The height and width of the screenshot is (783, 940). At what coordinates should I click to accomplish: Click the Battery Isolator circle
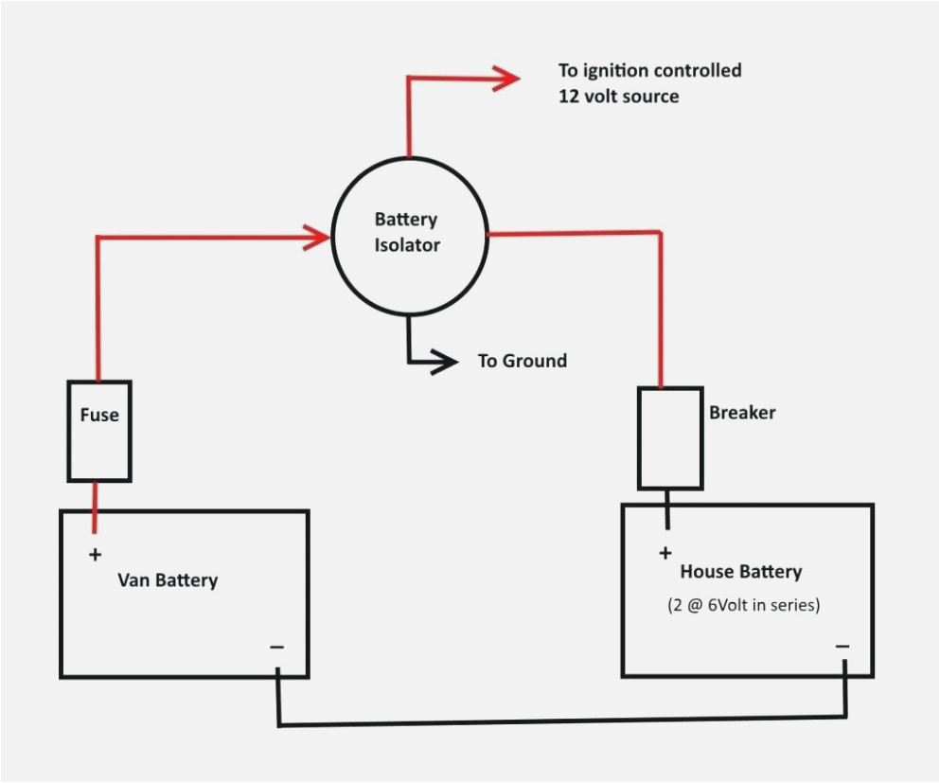408,235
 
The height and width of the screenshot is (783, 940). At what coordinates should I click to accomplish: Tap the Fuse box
98,431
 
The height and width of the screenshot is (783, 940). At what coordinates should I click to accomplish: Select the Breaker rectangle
669,437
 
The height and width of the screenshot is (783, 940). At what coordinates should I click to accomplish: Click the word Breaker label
742,413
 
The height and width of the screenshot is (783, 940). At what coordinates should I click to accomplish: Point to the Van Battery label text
168,579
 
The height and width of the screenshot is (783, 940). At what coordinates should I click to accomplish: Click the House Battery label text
740,572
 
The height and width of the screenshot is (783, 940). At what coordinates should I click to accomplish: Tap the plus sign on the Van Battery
95,555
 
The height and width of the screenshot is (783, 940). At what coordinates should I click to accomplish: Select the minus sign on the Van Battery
276,648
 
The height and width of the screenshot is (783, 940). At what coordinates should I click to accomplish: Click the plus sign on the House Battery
665,553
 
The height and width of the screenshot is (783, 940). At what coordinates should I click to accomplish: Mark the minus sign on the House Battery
842,647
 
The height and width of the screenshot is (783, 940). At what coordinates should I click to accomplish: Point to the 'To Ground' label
522,361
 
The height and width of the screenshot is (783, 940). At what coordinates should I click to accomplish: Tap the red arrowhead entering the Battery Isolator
316,238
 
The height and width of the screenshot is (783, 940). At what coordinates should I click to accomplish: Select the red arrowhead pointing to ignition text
505,79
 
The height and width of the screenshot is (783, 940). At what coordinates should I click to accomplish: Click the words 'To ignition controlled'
649,70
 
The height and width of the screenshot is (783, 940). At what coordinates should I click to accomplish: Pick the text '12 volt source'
618,97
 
